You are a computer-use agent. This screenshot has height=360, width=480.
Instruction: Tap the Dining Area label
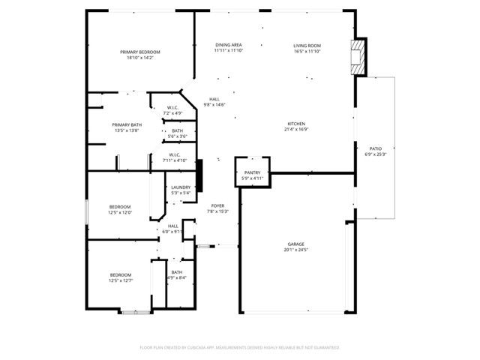pos(228,46)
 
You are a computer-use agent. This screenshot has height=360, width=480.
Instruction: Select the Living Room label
pos(307,46)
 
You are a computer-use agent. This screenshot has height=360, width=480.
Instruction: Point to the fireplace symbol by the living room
pos(358,58)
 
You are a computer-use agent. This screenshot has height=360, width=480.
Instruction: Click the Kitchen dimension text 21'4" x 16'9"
pos(296,130)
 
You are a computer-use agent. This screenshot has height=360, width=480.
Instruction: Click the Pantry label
pos(252,172)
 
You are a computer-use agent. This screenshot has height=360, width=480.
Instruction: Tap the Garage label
pos(296,244)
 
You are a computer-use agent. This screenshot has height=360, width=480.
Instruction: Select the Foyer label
pos(217,205)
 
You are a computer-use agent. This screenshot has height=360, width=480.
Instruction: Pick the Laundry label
pos(181,187)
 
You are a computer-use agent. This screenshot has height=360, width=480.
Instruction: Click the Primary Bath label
pos(127,124)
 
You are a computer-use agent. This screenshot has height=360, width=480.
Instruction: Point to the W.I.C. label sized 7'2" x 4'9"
pos(172,107)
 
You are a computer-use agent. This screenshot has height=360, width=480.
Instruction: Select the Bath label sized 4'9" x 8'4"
pos(177,272)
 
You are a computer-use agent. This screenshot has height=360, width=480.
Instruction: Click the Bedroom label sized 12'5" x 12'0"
pos(120,207)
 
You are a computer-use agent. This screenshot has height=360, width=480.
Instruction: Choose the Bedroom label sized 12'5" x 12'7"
pos(120,274)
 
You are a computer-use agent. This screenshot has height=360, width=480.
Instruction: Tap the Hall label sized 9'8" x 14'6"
pos(214,99)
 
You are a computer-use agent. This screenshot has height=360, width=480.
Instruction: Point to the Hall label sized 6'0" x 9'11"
pos(172,226)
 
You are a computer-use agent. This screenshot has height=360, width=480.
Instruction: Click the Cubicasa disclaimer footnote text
pos(240,347)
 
